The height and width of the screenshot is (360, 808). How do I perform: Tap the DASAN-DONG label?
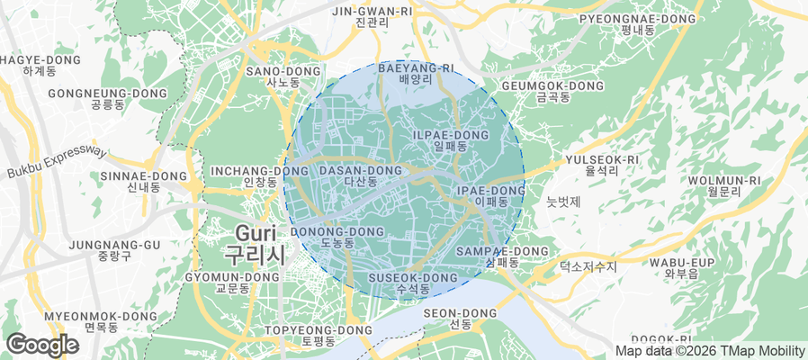[x=360, y=175]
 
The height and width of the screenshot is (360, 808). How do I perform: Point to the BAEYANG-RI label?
[x=415, y=73]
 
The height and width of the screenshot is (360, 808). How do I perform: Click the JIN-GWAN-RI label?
[x=372, y=16]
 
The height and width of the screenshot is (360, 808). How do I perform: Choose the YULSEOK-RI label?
[x=601, y=165]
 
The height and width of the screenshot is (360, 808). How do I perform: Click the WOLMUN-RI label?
[x=724, y=185]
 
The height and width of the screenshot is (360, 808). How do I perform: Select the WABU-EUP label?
[x=681, y=267]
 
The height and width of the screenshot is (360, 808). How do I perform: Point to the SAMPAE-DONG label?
[x=503, y=256]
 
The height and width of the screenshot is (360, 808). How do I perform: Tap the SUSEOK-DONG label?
[x=414, y=283]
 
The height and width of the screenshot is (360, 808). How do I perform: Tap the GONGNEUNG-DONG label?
[x=107, y=98]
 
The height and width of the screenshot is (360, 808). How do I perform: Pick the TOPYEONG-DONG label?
[x=319, y=336]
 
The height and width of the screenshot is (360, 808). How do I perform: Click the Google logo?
[x=42, y=345]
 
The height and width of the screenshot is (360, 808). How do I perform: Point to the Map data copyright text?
[x=709, y=351]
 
